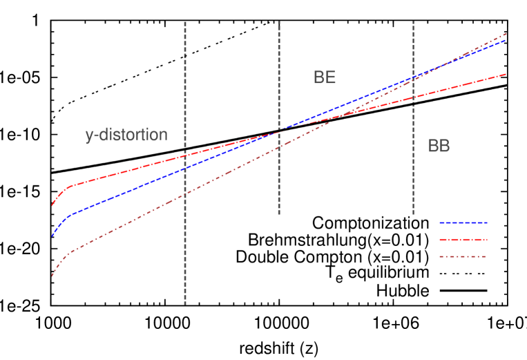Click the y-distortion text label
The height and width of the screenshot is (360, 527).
[x=126, y=135]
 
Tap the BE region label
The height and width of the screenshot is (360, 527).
[x=325, y=77]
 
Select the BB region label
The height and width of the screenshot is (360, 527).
[x=439, y=146]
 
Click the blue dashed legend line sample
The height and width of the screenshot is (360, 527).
[x=463, y=223]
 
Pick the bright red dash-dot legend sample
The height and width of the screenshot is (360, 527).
[x=463, y=240]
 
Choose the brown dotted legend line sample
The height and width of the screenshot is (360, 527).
[x=463, y=257]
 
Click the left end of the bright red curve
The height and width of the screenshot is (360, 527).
[x=52, y=205]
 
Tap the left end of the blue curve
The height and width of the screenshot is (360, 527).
[x=51, y=236]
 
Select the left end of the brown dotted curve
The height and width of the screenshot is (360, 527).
[x=52, y=276]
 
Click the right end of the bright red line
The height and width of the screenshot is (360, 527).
[x=506, y=73]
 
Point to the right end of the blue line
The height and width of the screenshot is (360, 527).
[x=506, y=40]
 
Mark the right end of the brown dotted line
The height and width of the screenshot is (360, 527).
[x=506, y=33]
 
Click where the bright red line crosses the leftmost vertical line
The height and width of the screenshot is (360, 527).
[x=185, y=155]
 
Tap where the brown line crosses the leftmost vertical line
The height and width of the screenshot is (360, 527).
[x=185, y=195]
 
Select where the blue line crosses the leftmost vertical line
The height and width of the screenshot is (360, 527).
[x=185, y=168]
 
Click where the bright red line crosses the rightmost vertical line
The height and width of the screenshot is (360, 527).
[x=413, y=97]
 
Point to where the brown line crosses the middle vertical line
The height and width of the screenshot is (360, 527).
[x=279, y=147]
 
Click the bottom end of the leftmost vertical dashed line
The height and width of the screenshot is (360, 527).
[x=185, y=303]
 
